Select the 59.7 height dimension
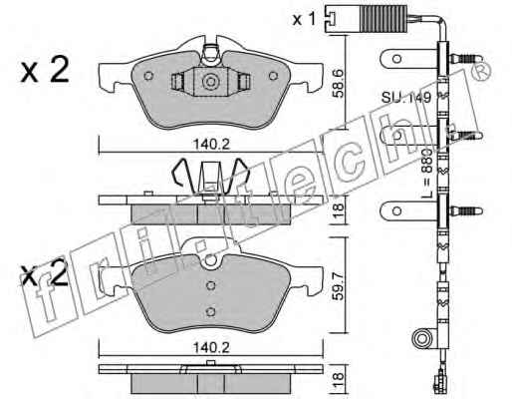click(x=339, y=286)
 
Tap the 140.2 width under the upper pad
click(x=211, y=145)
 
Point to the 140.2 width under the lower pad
click(x=211, y=348)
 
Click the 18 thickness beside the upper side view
click(x=339, y=210)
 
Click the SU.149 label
click(x=406, y=98)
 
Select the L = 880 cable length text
click(x=427, y=174)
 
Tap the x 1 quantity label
click(x=304, y=20)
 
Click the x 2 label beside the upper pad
click(x=45, y=70)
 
